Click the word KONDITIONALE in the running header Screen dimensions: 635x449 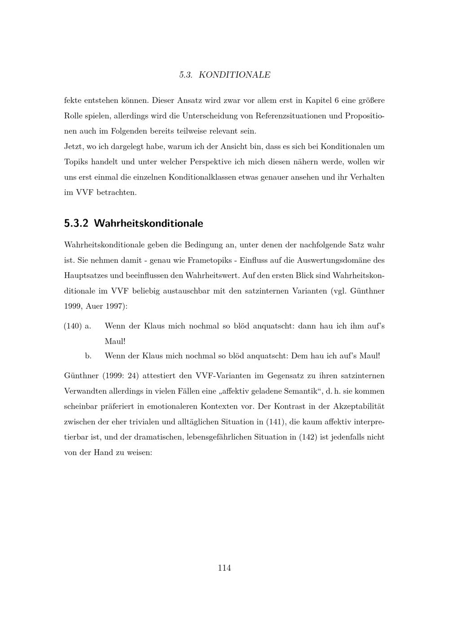coord(234,75)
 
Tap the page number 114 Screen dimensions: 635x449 coord(224,568)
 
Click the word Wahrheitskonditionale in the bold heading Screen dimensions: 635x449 coord(149,223)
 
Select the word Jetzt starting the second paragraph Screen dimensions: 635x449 coord(74,146)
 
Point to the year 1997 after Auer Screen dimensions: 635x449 coord(115,306)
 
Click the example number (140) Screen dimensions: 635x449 coord(73,326)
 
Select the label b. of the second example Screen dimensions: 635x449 coord(88,356)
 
